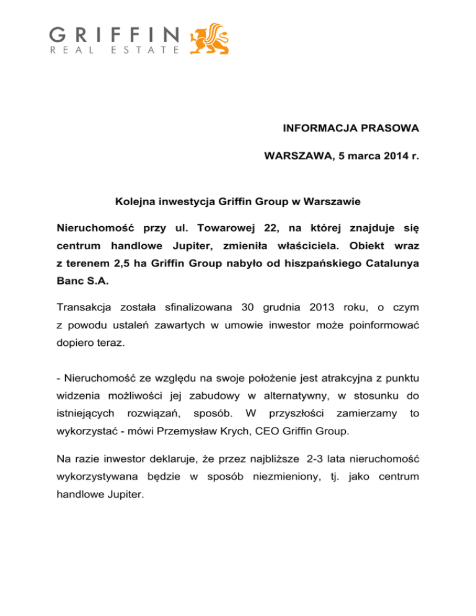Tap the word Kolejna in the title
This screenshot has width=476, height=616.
[x=134, y=202]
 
